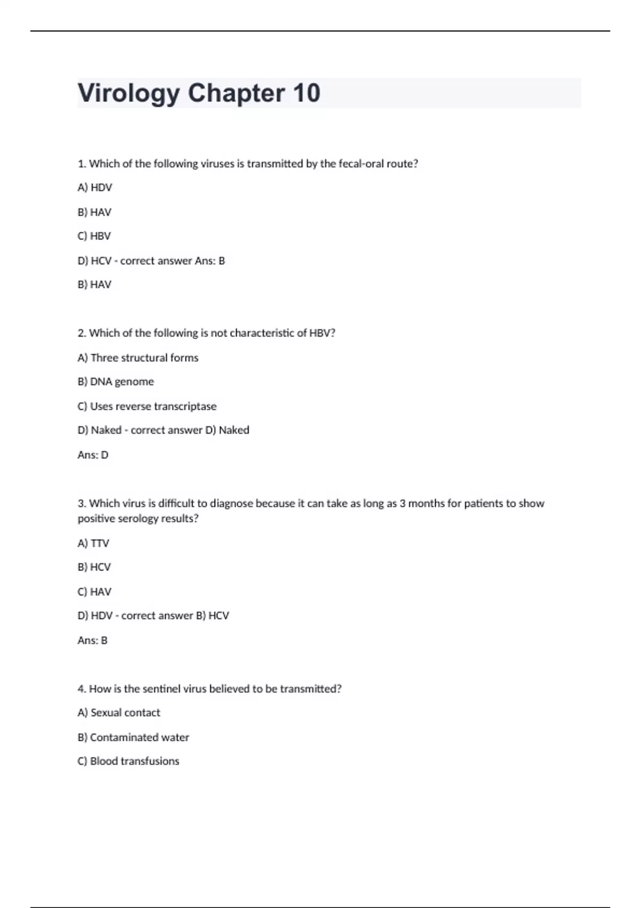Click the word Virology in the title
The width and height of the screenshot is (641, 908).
(x=129, y=93)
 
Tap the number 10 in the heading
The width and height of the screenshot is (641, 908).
(x=306, y=93)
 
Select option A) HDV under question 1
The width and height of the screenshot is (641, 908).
(x=95, y=187)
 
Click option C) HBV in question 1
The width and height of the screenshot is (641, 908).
(x=94, y=236)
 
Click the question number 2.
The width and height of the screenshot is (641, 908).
(x=82, y=333)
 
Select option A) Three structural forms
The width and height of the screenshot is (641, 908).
(x=138, y=357)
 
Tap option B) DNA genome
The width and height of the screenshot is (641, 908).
(x=115, y=381)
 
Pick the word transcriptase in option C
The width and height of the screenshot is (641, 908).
(x=184, y=406)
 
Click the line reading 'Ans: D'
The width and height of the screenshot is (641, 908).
(x=93, y=455)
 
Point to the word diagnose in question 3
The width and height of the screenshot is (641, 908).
(x=231, y=503)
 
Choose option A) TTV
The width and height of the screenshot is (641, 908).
(x=93, y=543)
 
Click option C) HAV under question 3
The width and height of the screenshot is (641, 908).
(x=94, y=591)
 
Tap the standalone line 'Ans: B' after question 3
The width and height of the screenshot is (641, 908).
(x=92, y=640)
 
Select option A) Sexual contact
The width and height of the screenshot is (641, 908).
(x=119, y=713)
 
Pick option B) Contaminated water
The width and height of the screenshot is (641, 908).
(x=133, y=737)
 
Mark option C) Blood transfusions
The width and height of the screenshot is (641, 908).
(x=128, y=761)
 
